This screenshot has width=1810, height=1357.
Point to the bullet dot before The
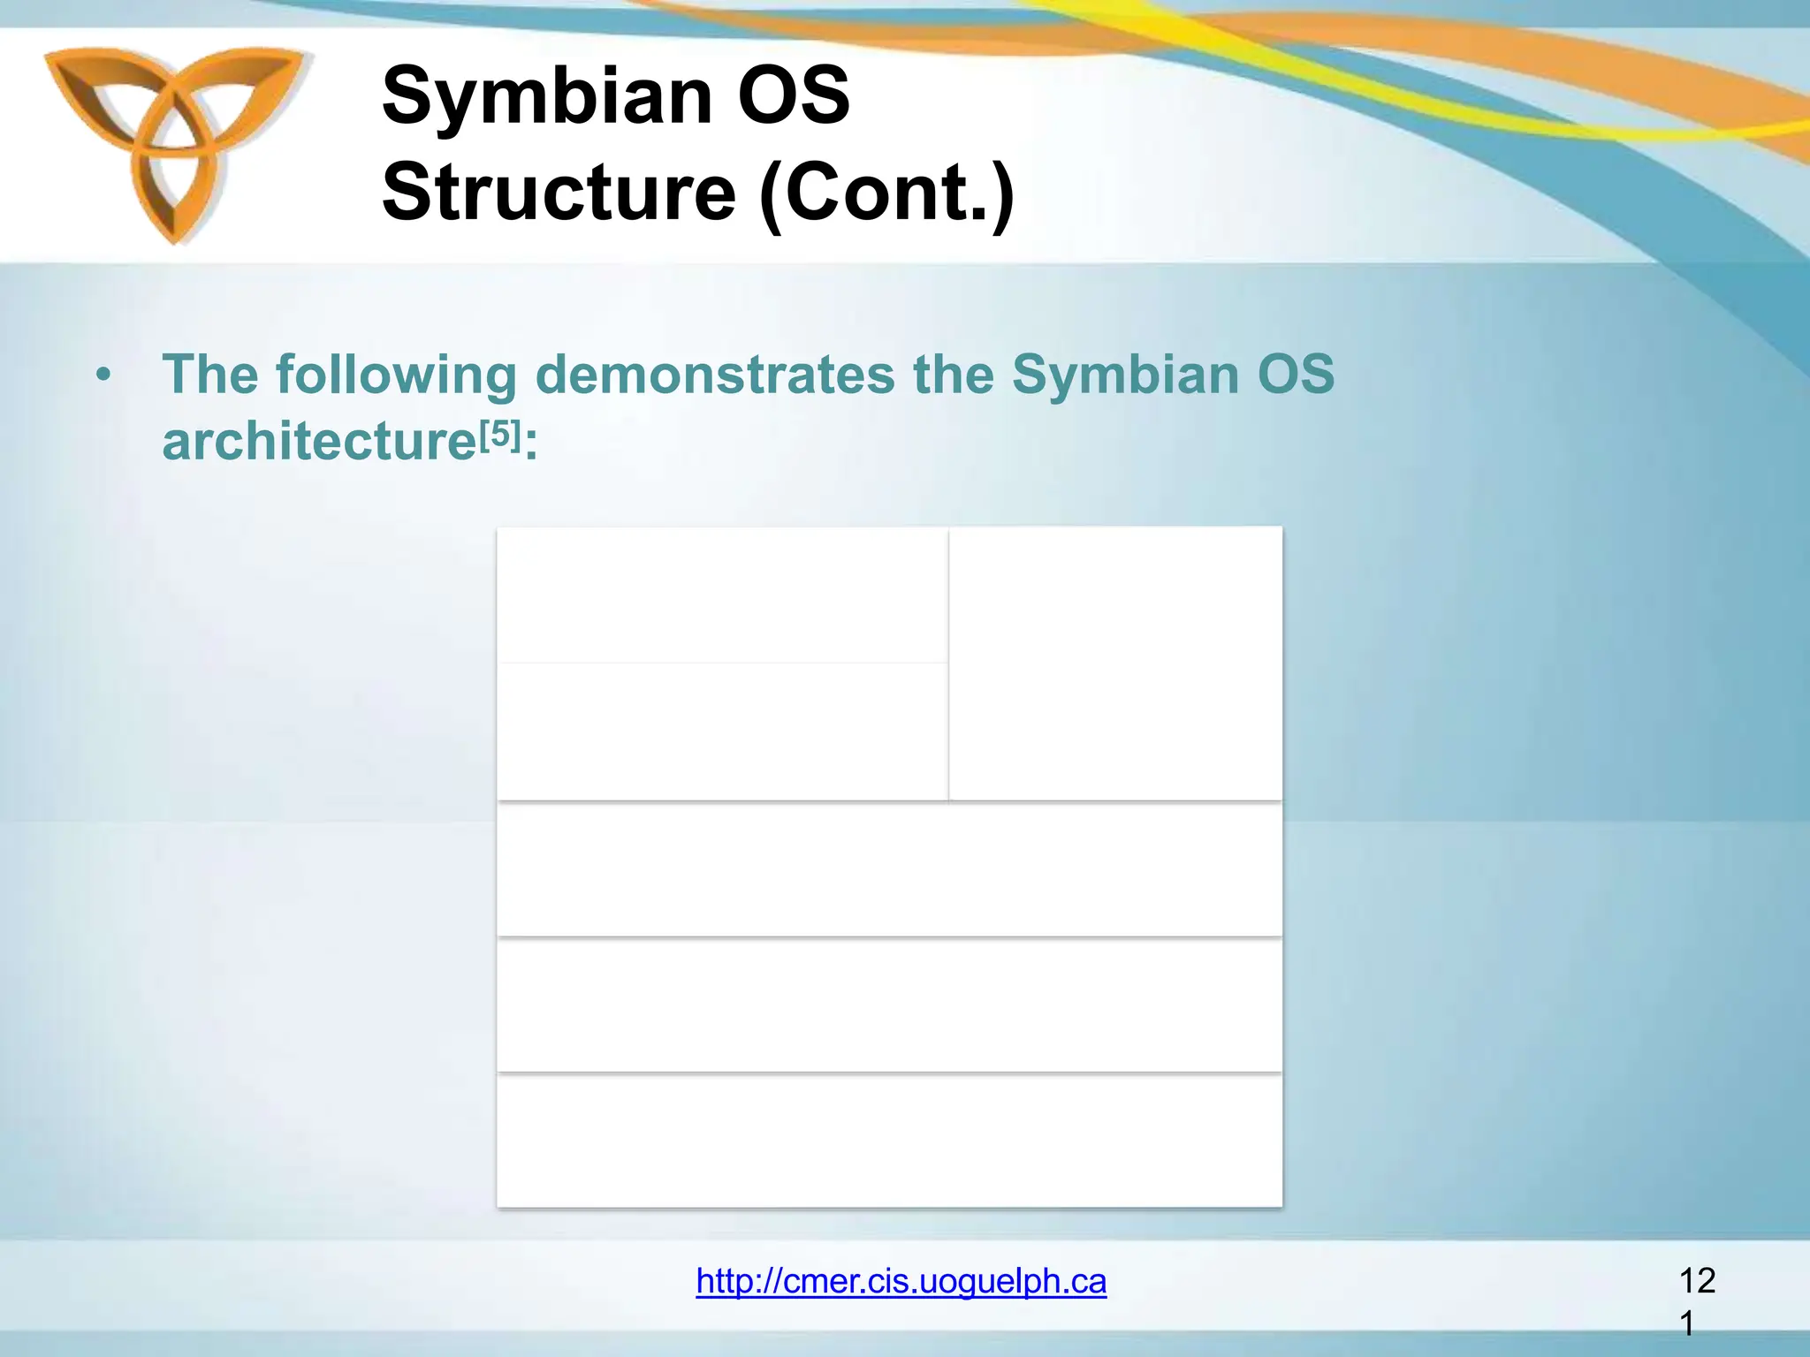(104, 375)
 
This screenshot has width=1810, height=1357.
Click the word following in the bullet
(396, 375)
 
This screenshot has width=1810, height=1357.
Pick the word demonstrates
(714, 375)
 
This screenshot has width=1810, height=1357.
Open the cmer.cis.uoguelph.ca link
(901, 1281)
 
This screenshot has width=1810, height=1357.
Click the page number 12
(1697, 1280)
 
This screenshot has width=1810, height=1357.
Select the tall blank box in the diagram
(1115, 663)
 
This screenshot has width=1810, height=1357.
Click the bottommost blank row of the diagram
(889, 1141)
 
